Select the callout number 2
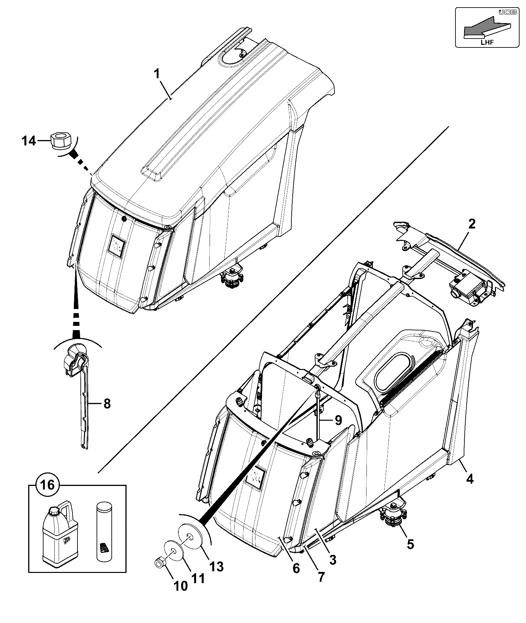click(472, 224)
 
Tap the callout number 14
click(28, 141)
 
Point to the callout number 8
click(107, 404)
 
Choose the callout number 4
click(470, 479)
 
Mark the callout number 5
click(410, 544)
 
